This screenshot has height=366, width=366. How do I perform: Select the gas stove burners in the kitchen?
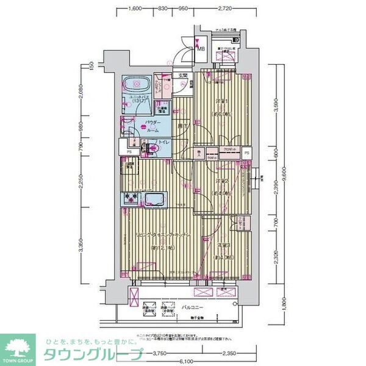coord(131,199)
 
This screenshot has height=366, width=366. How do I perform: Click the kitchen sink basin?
coord(155,199)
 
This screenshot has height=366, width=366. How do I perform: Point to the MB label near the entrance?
coord(201,49)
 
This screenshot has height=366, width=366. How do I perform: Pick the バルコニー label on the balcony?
coord(194,308)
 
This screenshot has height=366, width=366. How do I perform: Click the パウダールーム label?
coord(152,126)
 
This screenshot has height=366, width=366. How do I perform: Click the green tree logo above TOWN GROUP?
coord(18,345)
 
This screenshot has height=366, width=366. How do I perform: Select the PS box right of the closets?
coord(246,153)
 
